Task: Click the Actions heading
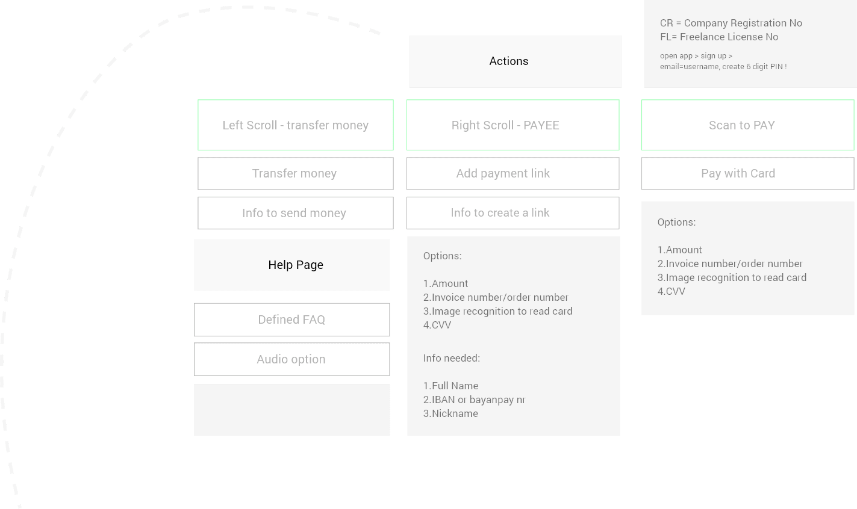508,61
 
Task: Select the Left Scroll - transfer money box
295,125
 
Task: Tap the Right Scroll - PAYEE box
513,125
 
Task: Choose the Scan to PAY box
747,125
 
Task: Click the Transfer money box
295,173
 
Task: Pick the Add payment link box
513,173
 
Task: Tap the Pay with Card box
747,173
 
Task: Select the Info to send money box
295,213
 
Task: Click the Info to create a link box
513,213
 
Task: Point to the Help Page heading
296,265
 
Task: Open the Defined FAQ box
291,320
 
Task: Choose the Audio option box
291,359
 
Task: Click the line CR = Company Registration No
731,23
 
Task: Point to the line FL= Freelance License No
719,37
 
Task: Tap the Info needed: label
452,358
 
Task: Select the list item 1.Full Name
450,386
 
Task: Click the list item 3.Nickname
450,413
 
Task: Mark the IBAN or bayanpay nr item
478,399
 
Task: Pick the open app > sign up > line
696,56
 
